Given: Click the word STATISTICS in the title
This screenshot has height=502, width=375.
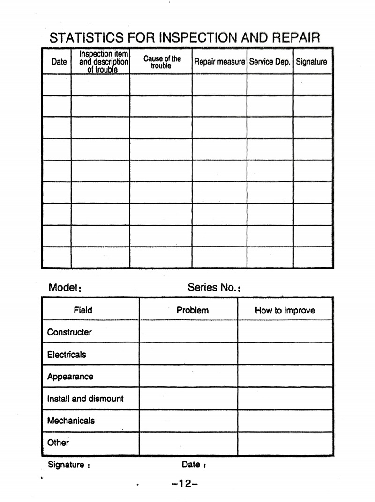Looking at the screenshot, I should click(x=87, y=37).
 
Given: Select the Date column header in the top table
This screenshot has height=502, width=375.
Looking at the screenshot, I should click(x=59, y=62).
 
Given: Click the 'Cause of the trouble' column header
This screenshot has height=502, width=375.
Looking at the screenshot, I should click(x=162, y=62).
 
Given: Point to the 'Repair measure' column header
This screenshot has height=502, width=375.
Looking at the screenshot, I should click(x=219, y=62).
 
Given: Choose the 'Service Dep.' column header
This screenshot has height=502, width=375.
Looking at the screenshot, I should click(x=270, y=62).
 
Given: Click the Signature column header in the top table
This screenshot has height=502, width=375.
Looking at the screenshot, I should click(x=312, y=62).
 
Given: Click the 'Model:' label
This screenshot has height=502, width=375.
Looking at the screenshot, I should click(x=65, y=288).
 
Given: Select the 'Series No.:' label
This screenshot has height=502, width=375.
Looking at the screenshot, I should click(x=214, y=288).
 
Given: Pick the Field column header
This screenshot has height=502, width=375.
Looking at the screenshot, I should click(x=83, y=310).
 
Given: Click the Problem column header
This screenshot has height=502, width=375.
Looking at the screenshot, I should click(x=193, y=310).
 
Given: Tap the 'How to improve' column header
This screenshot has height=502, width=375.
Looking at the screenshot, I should click(x=285, y=310).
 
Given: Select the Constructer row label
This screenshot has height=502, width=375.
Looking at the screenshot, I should click(x=69, y=332).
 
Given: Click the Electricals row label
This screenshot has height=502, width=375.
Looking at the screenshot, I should click(x=67, y=355).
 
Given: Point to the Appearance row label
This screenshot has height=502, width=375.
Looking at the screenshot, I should click(x=70, y=377).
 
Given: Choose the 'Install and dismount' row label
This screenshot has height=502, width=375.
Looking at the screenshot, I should click(x=85, y=399).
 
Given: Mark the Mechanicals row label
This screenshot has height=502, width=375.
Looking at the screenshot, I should click(x=71, y=421).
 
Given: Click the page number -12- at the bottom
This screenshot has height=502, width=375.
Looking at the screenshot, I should click(x=185, y=483).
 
